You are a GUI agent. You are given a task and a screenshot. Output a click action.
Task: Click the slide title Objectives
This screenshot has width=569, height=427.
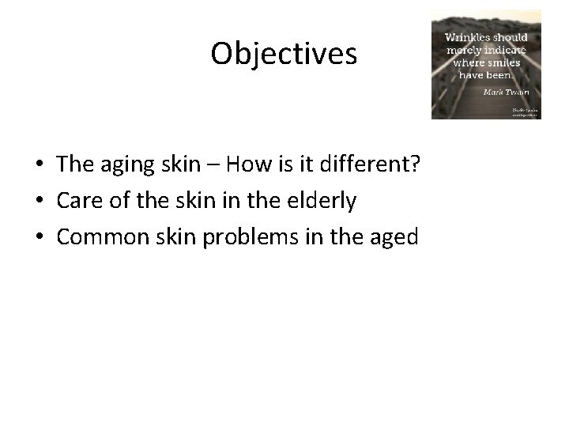click(284, 53)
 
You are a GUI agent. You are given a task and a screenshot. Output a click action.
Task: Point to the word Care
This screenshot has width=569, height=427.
click(81, 201)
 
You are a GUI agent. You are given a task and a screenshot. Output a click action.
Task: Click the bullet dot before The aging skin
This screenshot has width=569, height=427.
click(39, 165)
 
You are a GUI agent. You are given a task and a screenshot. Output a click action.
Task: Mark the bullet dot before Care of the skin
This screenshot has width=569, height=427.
click(39, 202)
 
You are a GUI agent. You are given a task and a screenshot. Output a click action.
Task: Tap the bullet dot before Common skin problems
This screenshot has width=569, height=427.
click(39, 238)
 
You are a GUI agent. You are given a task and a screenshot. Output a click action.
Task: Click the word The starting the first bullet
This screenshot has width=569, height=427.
click(76, 164)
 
